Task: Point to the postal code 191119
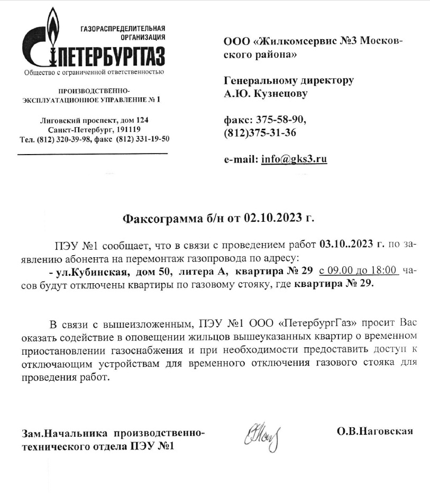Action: click(x=127, y=130)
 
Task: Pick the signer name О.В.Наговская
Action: click(x=374, y=431)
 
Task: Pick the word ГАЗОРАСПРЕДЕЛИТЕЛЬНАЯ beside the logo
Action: click(x=123, y=28)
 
